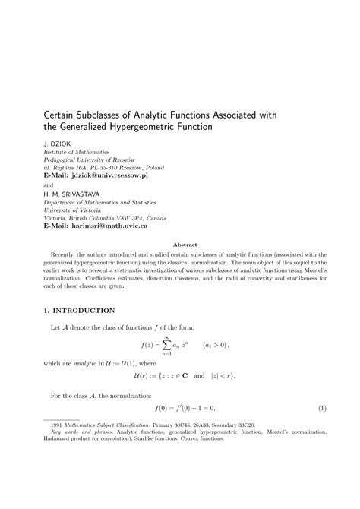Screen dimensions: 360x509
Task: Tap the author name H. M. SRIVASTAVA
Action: pyautogui.click(x=71, y=193)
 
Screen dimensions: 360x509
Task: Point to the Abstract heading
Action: pyautogui.click(x=186, y=245)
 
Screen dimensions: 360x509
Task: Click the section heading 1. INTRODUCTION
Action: pyautogui.click(x=79, y=310)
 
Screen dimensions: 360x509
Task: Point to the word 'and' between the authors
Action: pyautogui.click(x=48, y=184)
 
